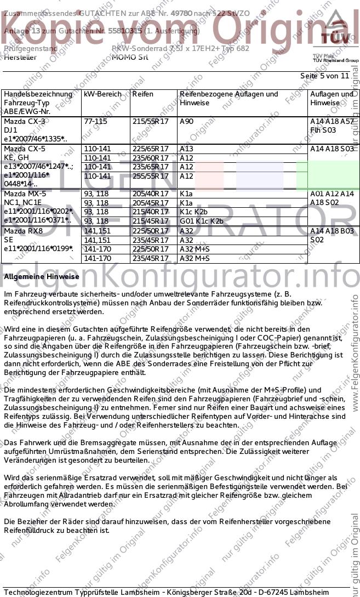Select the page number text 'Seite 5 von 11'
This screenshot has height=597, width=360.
click(x=324, y=76)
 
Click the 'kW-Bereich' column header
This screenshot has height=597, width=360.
click(x=102, y=94)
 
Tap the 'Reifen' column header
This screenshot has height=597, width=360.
click(x=143, y=94)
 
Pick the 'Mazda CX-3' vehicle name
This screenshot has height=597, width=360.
click(x=24, y=121)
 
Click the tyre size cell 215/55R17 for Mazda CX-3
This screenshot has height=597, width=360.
click(x=151, y=121)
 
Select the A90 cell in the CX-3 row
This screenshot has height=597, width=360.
click(x=187, y=121)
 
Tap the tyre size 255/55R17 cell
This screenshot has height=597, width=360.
click(x=151, y=176)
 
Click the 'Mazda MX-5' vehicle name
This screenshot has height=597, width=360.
click(x=25, y=194)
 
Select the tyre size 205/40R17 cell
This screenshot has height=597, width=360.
click(x=151, y=194)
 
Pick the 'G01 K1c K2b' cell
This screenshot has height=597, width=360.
click(x=202, y=221)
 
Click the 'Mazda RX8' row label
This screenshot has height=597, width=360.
click(x=22, y=231)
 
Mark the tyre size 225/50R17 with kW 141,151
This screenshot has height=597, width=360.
click(x=151, y=231)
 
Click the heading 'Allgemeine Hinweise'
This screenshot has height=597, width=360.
click(x=42, y=277)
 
